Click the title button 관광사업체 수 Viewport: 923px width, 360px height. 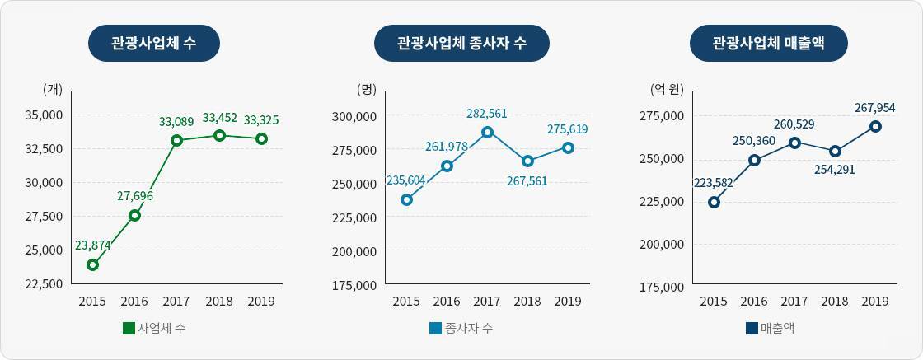click(154, 43)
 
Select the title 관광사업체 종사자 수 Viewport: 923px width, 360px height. click(461, 43)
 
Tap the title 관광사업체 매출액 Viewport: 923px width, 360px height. click(768, 43)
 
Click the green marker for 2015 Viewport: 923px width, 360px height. click(93, 264)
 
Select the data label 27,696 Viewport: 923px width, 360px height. click(135, 195)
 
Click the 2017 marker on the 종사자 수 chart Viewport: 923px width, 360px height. click(487, 132)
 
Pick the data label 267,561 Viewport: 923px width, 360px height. click(527, 180)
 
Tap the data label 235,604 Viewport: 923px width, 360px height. click(405, 180)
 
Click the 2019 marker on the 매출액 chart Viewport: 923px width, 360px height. click(875, 126)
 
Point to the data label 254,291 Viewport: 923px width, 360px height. click(835, 171)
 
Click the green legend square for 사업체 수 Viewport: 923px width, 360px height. click(129, 329)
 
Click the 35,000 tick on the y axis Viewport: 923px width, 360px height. click(45, 115)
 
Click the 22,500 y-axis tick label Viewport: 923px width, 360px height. click(45, 284)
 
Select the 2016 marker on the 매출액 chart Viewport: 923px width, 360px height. click(754, 160)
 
